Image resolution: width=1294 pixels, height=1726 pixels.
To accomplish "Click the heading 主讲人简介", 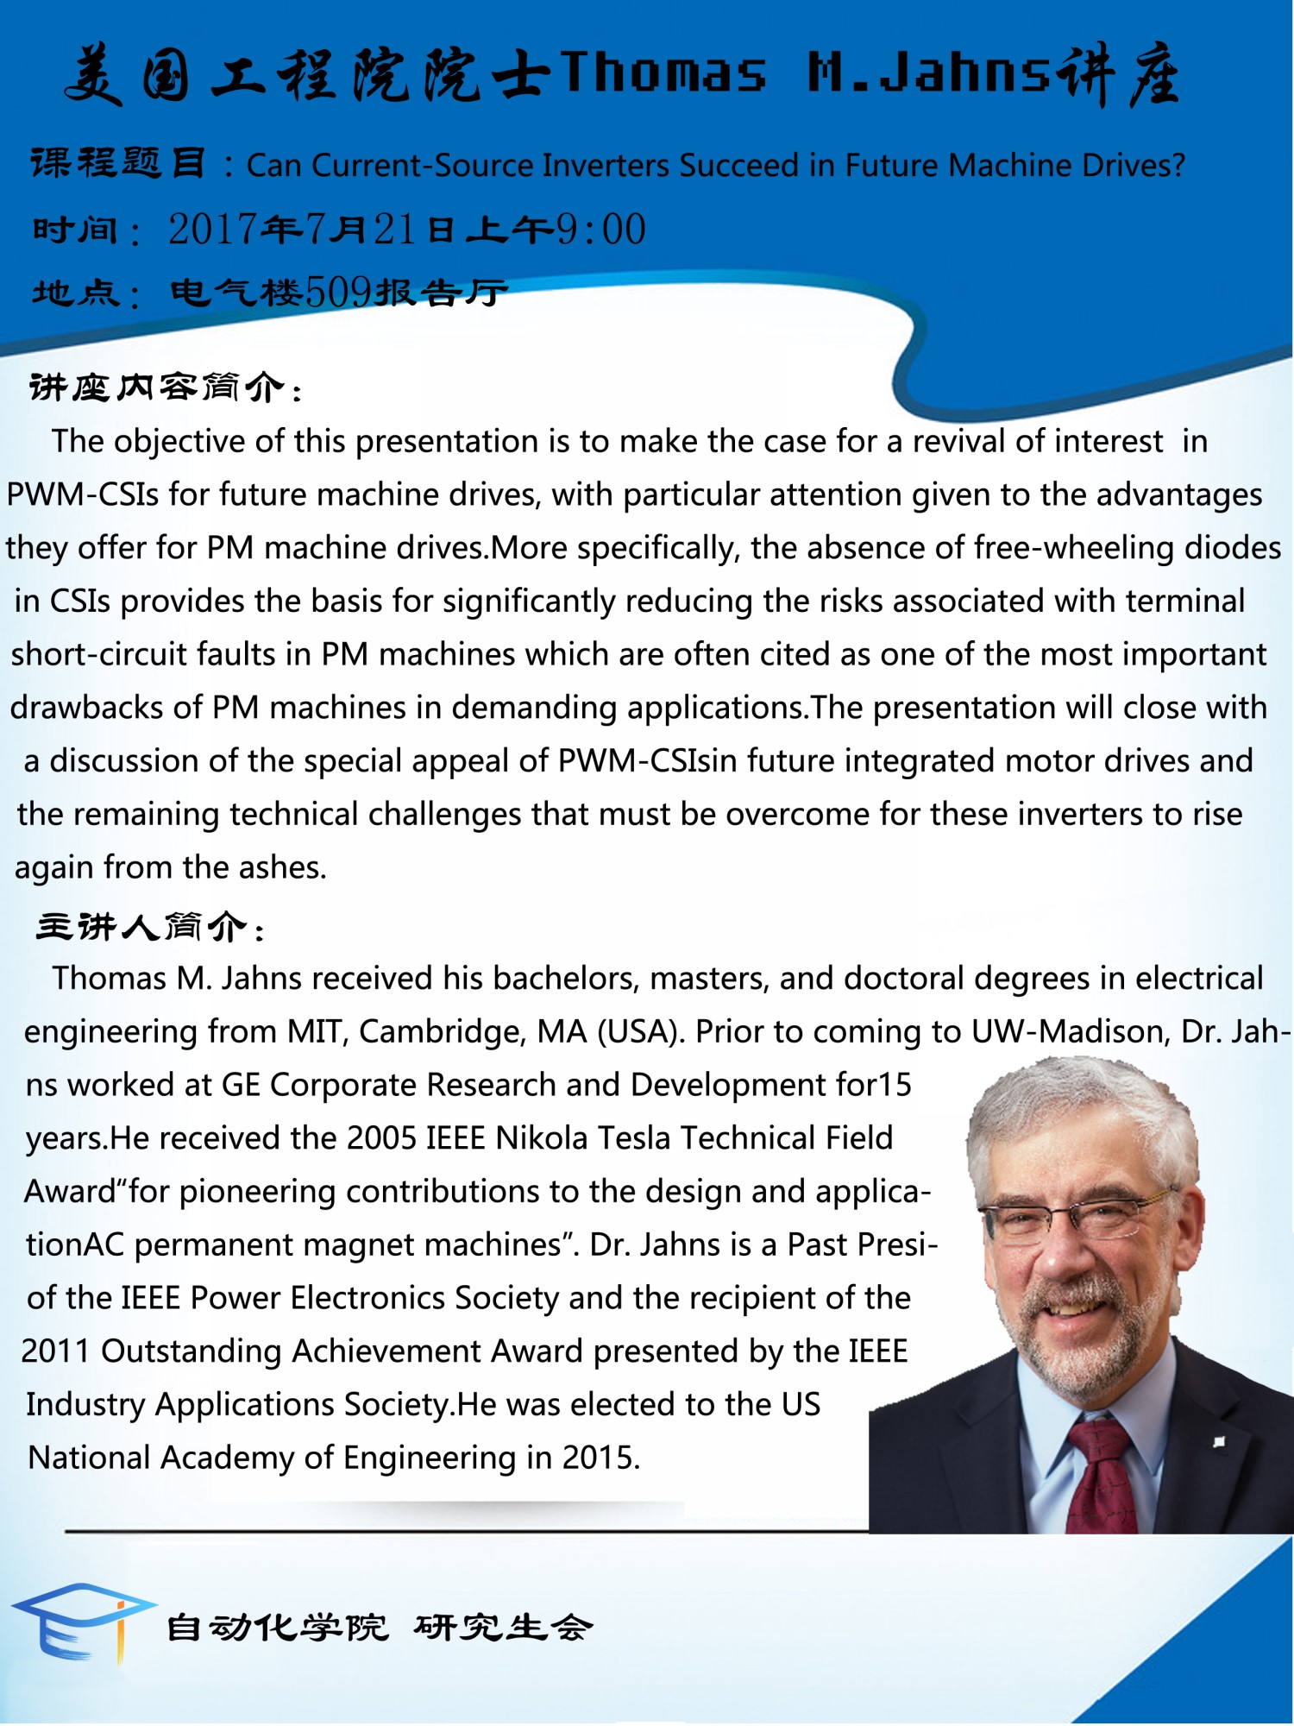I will (x=143, y=928).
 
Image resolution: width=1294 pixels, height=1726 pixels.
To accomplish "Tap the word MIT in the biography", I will (x=315, y=1032).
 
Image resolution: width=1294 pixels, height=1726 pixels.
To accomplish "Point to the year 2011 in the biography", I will (x=55, y=1351).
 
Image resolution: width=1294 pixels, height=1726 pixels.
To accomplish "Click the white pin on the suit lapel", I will (x=1218, y=1441).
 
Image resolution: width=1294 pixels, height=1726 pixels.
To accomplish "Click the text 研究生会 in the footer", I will (x=504, y=1628).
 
